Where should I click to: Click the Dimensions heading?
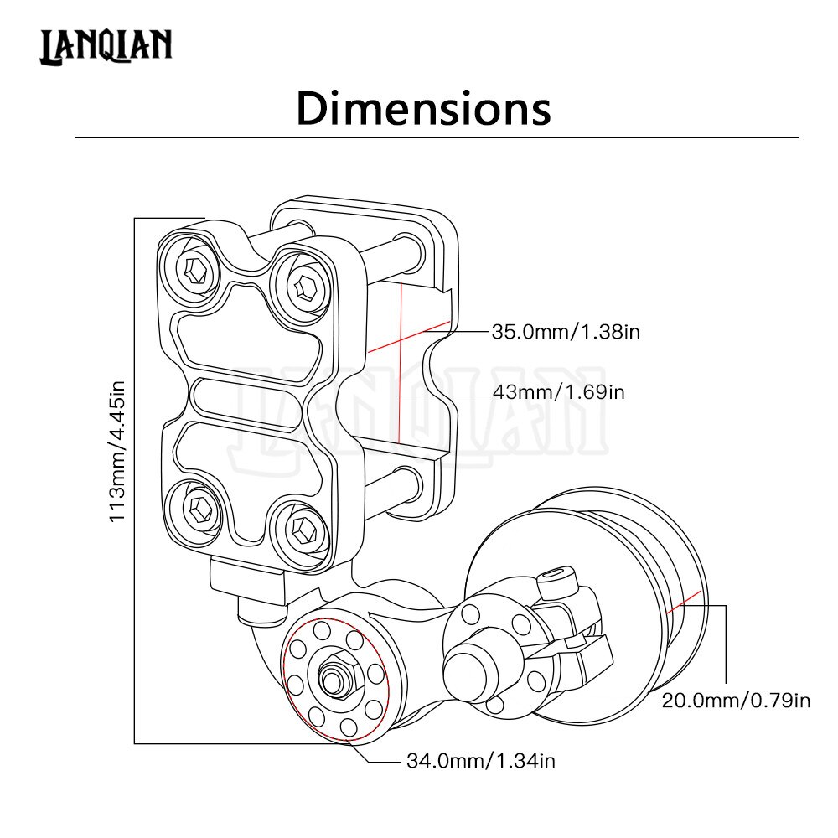423,109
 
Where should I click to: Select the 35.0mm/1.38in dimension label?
566,332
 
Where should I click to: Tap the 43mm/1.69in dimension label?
557,392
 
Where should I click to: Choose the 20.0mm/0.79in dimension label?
736,701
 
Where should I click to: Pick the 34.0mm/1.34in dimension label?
481,761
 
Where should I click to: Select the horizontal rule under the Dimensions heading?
436,137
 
